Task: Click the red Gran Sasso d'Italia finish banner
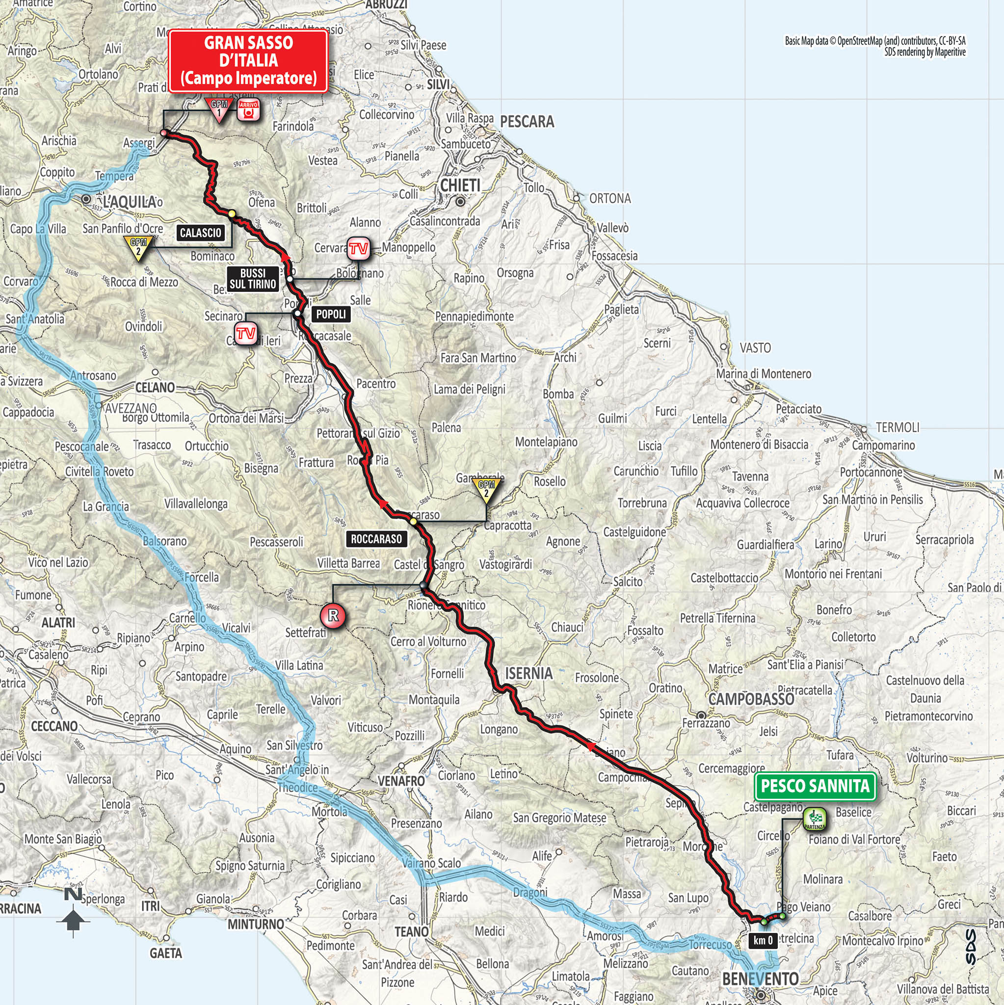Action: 249,61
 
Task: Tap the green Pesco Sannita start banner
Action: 815,786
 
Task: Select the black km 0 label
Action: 763,940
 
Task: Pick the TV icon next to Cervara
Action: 358,249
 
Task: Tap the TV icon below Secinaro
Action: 245,333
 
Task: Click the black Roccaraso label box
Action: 376,539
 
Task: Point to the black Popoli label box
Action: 331,314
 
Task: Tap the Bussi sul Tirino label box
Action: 253,279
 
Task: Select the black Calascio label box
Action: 201,233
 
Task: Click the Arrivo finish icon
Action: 248,110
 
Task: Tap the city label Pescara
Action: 527,122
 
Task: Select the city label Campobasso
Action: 751,699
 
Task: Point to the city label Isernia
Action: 528,674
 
